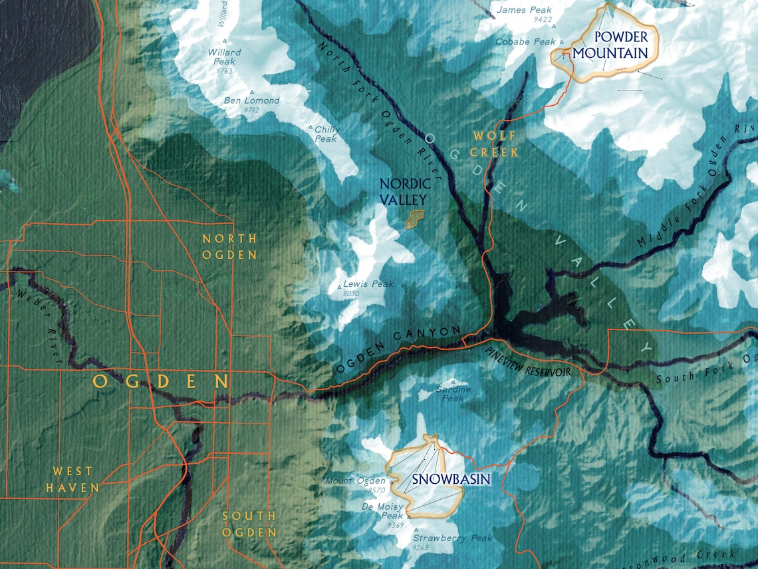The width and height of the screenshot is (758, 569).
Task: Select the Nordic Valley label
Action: (x=404, y=191)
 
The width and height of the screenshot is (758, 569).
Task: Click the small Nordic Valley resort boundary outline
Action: (x=414, y=219)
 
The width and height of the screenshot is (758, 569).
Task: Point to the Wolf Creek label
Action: (x=495, y=144)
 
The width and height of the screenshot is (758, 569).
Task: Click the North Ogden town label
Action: (x=229, y=246)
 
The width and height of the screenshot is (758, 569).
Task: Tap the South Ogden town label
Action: (x=249, y=524)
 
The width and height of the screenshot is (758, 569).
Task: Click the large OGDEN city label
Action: (x=161, y=381)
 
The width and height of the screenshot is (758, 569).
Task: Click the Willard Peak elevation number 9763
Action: (x=219, y=71)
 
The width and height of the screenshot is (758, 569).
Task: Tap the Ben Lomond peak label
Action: (x=251, y=100)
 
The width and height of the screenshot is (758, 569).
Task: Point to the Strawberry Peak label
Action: (x=452, y=538)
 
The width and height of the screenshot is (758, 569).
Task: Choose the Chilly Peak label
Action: (x=326, y=134)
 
